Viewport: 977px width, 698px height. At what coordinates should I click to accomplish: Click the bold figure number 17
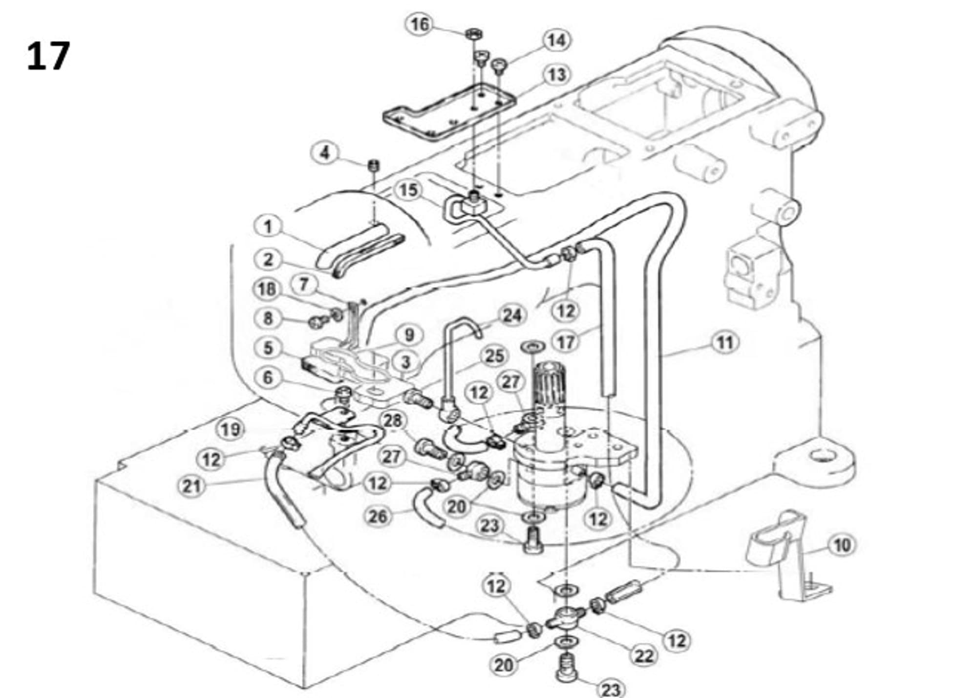pos(48,56)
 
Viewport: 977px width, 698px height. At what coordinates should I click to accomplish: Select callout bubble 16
pos(420,24)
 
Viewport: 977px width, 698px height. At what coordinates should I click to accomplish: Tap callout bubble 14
pos(556,41)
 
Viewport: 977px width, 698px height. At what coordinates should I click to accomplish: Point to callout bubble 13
pos(557,75)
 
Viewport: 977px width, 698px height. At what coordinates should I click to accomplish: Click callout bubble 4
pos(325,153)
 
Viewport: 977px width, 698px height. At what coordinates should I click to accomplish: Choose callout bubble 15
pos(408,190)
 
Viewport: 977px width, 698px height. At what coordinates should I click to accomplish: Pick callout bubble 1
pos(268,227)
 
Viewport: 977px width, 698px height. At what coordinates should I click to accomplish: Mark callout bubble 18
pos(267,290)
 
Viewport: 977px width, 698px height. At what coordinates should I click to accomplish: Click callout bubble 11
pos(724,342)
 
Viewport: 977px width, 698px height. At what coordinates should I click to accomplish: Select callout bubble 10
pos(842,545)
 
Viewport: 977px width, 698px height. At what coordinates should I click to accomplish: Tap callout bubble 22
pos(643,656)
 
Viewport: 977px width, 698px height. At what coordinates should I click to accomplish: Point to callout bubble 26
pos(378,516)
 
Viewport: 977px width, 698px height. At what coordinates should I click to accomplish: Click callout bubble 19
pos(231,430)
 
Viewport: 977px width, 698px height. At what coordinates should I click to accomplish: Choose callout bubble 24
pos(511,316)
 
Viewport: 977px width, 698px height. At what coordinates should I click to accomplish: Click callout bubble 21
pos(191,486)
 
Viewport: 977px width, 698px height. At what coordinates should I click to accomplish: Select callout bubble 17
pos(566,342)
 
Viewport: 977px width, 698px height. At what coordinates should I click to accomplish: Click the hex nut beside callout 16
pos(472,34)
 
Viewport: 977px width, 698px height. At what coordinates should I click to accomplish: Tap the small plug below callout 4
pos(374,165)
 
